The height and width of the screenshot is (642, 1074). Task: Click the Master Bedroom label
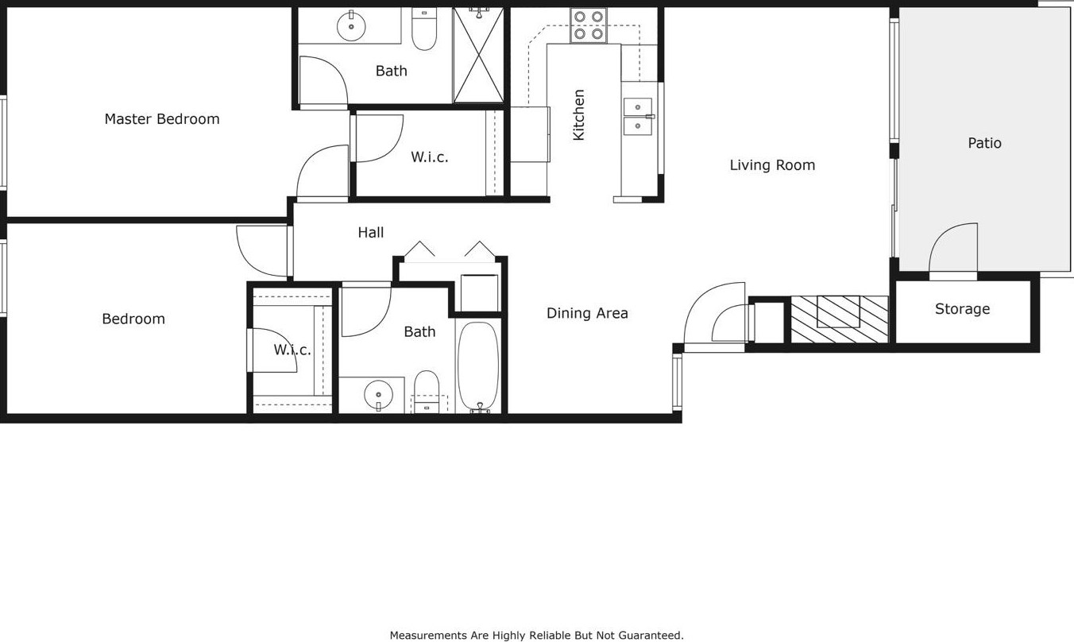click(x=162, y=119)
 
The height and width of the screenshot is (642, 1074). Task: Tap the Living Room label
click(x=772, y=165)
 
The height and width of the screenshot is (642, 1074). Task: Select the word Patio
click(x=984, y=143)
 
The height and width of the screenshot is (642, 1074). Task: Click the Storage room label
click(x=962, y=309)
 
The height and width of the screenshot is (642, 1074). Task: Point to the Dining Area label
click(x=587, y=313)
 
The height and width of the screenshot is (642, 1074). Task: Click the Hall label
click(x=371, y=233)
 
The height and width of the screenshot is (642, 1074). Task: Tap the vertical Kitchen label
click(x=579, y=115)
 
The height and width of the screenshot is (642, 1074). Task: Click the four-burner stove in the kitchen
click(x=589, y=25)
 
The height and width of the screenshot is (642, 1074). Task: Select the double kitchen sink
click(x=638, y=117)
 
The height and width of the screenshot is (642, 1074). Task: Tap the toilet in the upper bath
click(x=424, y=29)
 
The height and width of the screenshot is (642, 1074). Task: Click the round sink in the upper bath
click(x=351, y=26)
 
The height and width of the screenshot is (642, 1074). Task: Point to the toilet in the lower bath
click(x=427, y=391)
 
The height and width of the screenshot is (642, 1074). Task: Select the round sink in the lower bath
click(x=378, y=395)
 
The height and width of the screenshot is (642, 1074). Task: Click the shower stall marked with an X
click(x=478, y=55)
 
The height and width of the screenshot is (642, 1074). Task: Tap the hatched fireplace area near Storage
click(x=839, y=319)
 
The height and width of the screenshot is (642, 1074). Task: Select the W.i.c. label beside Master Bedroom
click(x=430, y=157)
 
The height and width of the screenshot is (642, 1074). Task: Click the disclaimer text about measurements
click(x=536, y=636)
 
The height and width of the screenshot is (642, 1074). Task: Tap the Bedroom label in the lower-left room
click(x=133, y=319)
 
